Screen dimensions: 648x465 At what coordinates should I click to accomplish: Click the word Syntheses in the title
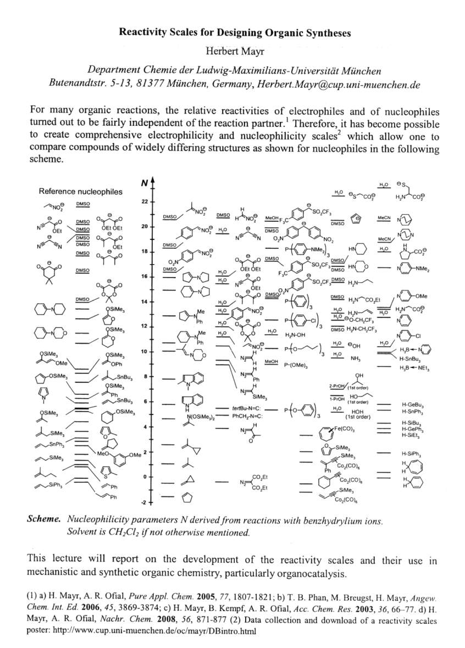(323, 33)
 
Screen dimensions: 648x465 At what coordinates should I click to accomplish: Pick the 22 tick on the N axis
(145, 202)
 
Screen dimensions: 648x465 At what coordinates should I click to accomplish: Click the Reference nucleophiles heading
(80, 192)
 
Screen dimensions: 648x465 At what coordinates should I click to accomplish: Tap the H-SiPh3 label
(411, 454)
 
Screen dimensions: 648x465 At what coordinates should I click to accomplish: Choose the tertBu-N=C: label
(251, 410)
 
